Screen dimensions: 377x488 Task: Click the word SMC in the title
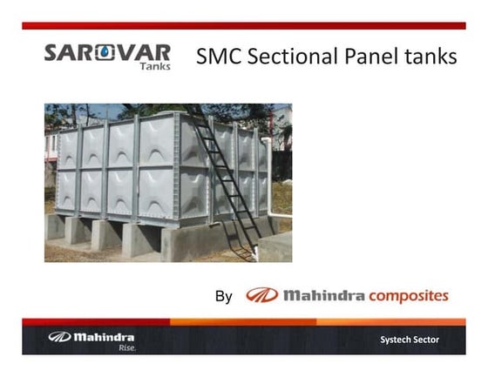coord(218,57)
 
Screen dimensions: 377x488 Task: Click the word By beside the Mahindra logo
coord(223,297)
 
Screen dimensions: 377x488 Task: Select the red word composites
coord(408,296)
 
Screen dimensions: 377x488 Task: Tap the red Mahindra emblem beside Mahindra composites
coord(261,295)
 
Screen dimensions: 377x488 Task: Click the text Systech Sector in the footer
coord(410,339)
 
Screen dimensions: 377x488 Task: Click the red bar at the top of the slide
coord(244,26)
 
